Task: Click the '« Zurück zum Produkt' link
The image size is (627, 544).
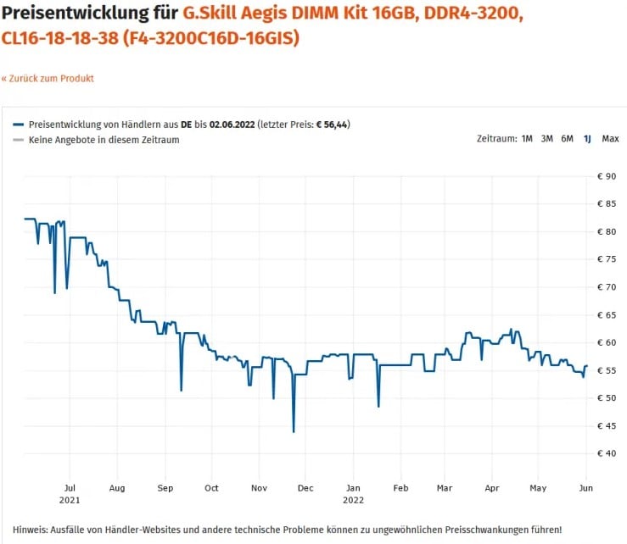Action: tap(48, 79)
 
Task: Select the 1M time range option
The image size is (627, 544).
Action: tap(527, 139)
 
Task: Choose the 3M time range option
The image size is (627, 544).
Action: tap(547, 139)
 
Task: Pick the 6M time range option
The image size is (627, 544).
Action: tap(567, 139)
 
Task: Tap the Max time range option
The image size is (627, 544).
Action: tap(610, 139)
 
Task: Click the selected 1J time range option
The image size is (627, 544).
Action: tap(587, 139)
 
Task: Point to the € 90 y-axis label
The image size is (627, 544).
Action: tap(607, 176)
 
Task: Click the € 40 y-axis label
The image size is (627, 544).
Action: tap(607, 453)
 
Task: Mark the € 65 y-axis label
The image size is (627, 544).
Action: tap(607, 315)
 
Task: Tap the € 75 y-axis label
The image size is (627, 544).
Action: tap(607, 259)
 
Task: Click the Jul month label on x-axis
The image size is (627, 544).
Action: tap(70, 488)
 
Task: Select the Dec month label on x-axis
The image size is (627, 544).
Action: tap(305, 488)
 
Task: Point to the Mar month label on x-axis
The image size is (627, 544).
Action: tap(445, 488)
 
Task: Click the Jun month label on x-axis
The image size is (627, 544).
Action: tap(585, 488)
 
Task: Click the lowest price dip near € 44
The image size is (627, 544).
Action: tap(294, 430)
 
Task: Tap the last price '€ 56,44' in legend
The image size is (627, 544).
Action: tap(331, 125)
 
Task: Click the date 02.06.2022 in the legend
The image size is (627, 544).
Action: tap(232, 125)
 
